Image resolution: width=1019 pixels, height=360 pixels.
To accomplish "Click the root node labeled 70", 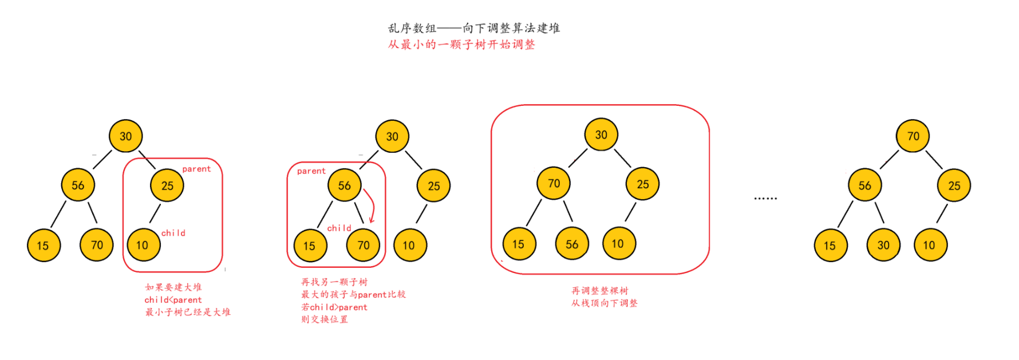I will point(913,136).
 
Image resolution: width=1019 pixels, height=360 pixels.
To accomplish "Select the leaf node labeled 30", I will point(883,245).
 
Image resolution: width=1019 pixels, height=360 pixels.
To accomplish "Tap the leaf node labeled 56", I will point(571,244).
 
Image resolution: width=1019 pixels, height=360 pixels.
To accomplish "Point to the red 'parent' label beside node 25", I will point(196,169).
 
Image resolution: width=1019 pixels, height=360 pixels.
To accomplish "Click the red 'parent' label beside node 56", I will point(311,171).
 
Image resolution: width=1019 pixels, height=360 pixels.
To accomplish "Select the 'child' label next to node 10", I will point(173,233).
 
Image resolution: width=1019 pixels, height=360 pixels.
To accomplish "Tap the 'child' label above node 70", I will point(339,228).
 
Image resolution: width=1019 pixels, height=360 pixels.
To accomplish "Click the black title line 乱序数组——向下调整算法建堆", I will point(473,28).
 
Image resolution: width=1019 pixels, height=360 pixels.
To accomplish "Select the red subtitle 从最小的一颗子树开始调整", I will point(461,45).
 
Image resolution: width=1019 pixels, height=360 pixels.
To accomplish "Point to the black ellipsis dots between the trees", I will point(765,198).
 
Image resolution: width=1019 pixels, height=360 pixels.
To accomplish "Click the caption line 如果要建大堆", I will point(173,287).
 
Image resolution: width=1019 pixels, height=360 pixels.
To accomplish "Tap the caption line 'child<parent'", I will point(173,300).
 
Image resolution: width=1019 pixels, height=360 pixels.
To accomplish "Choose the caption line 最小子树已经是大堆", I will point(187,312).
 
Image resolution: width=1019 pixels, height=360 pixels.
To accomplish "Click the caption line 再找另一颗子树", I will point(334,282).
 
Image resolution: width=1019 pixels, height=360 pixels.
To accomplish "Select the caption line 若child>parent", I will point(334,307).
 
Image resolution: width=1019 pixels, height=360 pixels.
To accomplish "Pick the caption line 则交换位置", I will point(324,319).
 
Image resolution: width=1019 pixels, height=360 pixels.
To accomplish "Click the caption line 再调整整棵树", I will point(599,291).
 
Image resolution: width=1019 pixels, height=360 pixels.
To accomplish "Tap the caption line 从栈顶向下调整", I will point(604,303).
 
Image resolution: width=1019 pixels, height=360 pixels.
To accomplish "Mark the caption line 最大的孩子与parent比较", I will point(353,295).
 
